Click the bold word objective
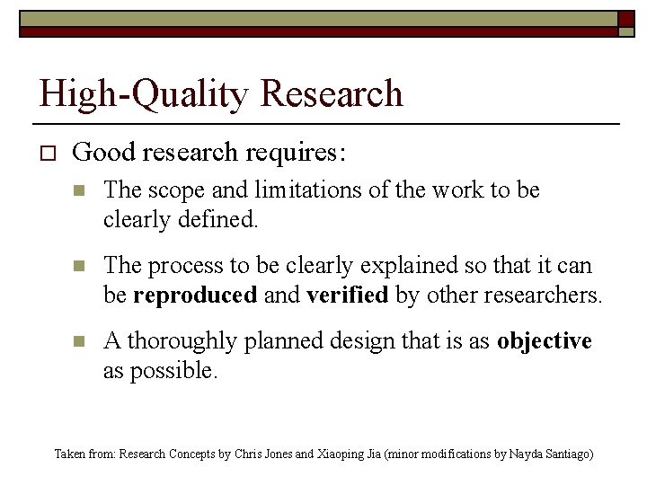[x=545, y=341]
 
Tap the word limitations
[x=287, y=191]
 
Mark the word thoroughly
[x=179, y=341]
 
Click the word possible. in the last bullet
[x=173, y=370]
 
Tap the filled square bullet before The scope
[x=79, y=191]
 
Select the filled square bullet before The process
[x=79, y=267]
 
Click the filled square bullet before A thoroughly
[x=79, y=341]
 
